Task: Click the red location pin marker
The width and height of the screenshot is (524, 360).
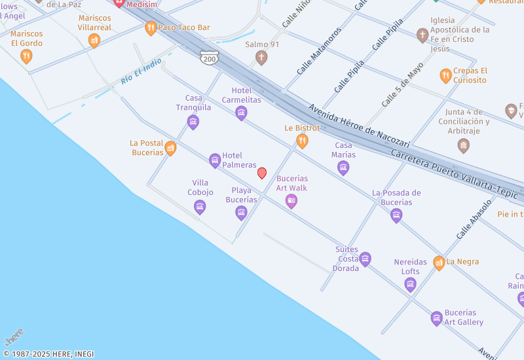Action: point(262,173)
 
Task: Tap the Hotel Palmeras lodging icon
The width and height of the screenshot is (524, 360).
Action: point(215,160)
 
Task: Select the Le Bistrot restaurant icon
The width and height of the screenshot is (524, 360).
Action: point(302,141)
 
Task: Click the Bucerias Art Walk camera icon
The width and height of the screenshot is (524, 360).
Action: point(291,202)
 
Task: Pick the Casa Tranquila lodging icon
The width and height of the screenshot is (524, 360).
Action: point(193,122)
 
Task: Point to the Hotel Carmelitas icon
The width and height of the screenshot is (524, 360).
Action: point(241,113)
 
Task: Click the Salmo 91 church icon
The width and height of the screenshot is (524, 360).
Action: point(261,58)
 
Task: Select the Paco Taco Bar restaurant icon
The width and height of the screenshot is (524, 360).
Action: point(151,27)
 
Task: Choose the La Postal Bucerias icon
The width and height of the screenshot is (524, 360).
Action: point(170,148)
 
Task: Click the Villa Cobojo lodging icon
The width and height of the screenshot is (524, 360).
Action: point(200,207)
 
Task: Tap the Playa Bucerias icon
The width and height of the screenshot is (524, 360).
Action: point(241,212)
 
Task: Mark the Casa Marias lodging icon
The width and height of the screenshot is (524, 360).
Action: point(343,168)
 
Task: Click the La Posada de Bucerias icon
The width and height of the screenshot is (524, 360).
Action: point(396,215)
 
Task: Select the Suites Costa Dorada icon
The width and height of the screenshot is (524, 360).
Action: point(365,259)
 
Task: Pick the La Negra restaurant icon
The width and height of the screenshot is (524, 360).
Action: point(439,262)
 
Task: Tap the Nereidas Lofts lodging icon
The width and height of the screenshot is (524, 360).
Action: point(410,284)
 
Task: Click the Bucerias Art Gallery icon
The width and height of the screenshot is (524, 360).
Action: point(437,318)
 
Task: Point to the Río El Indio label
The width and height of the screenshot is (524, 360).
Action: point(141,72)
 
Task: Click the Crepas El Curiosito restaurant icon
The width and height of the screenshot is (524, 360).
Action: point(445,75)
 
